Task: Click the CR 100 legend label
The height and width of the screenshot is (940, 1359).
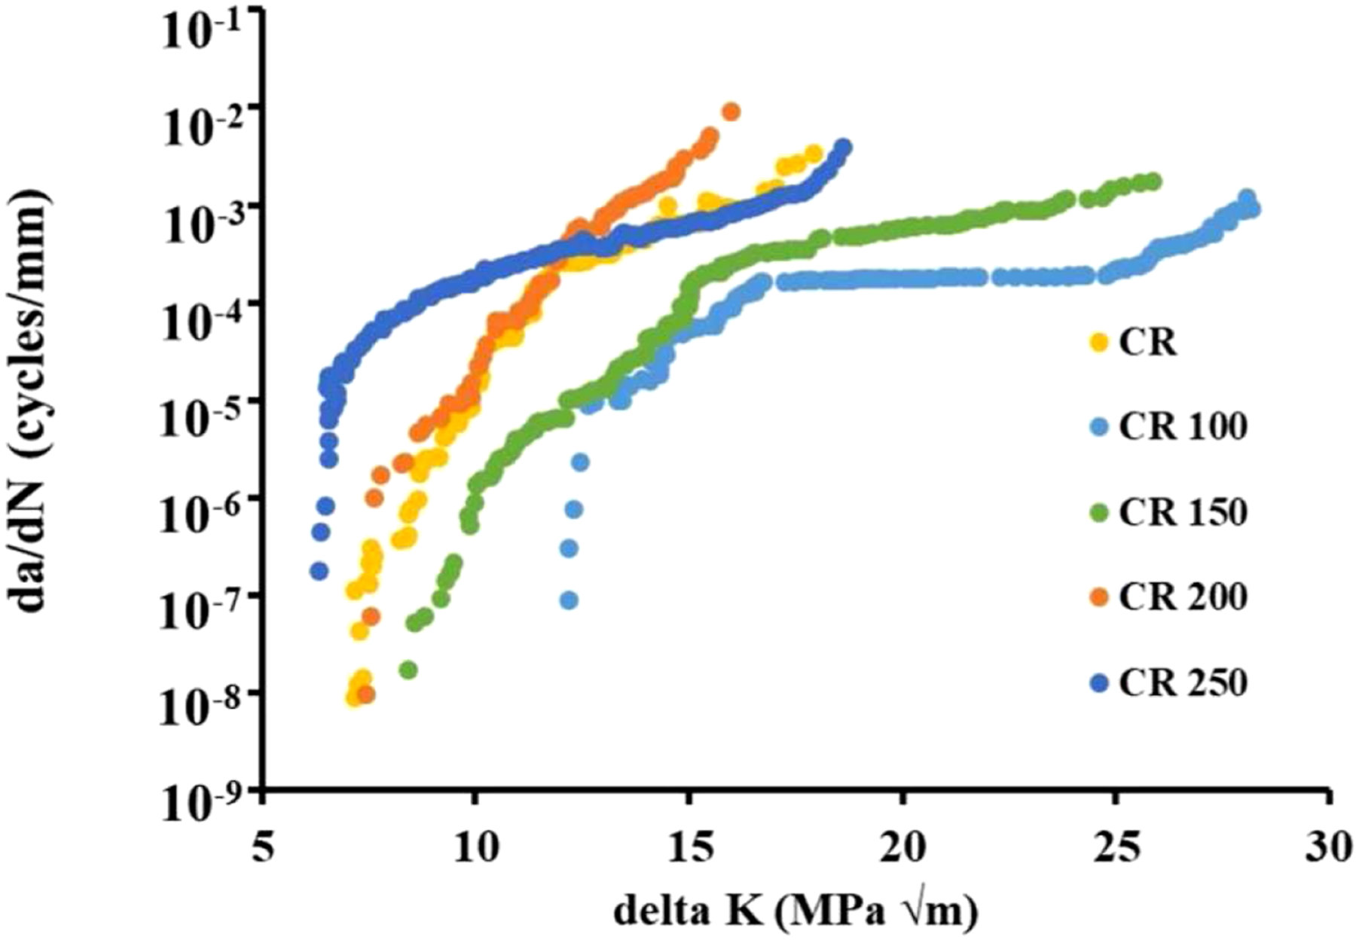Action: [x=1183, y=427]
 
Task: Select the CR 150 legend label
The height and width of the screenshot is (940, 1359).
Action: [x=1183, y=512]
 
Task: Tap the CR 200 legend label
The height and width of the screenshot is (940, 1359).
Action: [x=1183, y=597]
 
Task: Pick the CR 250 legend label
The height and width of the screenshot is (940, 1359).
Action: [x=1183, y=683]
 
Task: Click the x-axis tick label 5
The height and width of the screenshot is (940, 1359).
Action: [x=262, y=849]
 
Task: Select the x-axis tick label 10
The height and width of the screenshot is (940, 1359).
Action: [x=475, y=849]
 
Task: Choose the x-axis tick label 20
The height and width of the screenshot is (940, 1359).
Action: [x=903, y=849]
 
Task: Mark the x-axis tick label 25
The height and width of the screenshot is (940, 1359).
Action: [x=1117, y=849]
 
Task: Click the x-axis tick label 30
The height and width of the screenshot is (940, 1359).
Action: [x=1331, y=849]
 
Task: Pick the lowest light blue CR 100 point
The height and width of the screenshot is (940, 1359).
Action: [x=570, y=600]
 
